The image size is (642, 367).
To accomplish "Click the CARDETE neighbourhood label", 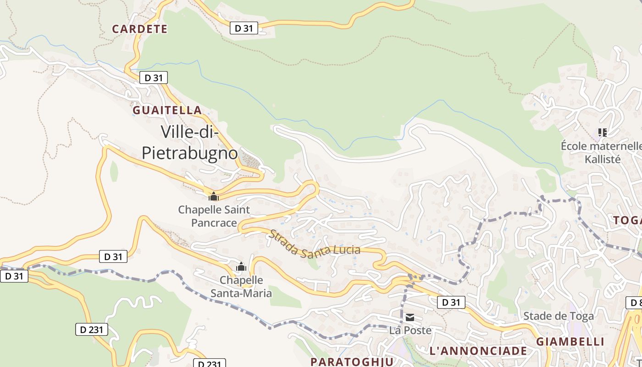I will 140,29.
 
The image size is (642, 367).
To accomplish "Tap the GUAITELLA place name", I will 167,110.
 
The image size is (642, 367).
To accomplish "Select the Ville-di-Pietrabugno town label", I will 190,142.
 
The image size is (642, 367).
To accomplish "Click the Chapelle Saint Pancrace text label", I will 214,216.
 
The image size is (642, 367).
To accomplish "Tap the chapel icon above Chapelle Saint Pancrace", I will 213,196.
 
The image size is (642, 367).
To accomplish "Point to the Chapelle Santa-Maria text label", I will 241,286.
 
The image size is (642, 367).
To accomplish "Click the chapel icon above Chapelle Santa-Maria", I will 241,267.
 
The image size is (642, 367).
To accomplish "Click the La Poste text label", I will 410,330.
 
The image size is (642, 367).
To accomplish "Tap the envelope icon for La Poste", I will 410,317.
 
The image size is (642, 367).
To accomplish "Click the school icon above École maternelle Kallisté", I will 603,133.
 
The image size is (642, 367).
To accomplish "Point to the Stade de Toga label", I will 558,316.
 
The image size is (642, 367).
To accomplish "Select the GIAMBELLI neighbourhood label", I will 570,341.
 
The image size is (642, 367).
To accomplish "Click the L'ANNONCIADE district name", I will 478,351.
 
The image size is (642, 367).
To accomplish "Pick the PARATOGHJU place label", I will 352,361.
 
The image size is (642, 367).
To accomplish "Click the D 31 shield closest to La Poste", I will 451,302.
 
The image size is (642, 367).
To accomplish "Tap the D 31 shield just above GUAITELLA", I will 153,78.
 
